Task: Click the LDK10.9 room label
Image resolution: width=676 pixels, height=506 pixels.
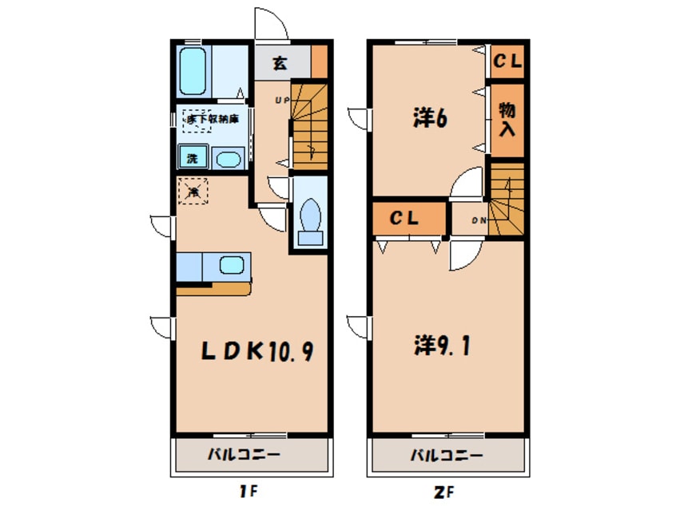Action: tap(250, 351)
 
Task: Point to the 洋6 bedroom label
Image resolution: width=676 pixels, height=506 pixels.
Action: tap(429, 118)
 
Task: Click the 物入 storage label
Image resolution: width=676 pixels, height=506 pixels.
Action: tap(506, 119)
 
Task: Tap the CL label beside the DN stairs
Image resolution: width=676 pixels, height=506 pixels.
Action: tap(406, 219)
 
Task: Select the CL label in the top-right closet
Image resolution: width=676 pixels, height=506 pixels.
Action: tap(507, 61)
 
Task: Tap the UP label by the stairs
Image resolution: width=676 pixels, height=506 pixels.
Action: tap(282, 100)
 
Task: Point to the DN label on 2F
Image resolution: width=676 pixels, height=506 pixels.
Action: tap(479, 220)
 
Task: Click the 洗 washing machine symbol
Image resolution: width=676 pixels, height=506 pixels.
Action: tap(193, 157)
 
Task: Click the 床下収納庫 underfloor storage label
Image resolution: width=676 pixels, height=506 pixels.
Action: tap(209, 119)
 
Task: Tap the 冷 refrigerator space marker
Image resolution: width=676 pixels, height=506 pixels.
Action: tap(193, 192)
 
